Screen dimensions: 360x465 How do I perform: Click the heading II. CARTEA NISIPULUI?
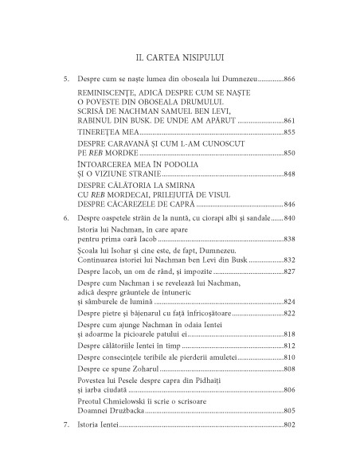180,57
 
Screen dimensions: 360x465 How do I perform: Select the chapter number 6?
66,218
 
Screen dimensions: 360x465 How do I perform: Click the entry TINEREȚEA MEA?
104,131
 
